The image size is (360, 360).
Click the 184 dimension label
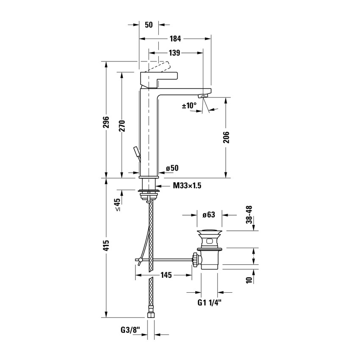pos(175,39)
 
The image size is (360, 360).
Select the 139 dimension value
pos(175,53)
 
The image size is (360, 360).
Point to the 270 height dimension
pos(122,125)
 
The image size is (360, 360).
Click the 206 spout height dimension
pos(226,137)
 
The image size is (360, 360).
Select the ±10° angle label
pos(190,105)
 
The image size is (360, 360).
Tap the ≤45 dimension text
pos(117,205)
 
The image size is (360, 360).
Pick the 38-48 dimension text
pos(249,215)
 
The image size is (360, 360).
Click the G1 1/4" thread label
pos(210,303)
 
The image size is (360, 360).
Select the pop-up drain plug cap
pos(209,233)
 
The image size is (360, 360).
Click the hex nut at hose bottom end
pos(150,315)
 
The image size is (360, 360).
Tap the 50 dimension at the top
pos(149,25)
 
